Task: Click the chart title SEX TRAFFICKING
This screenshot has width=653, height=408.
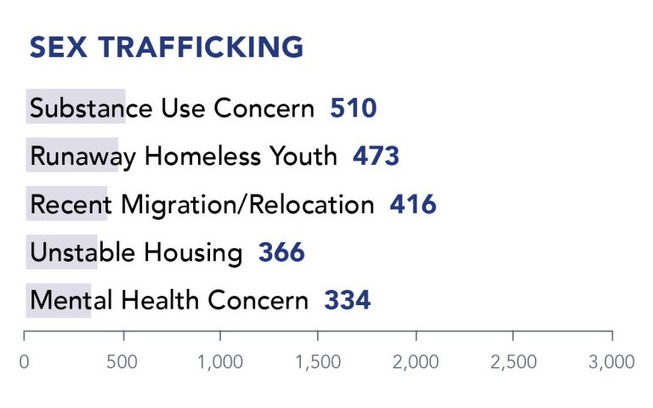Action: pos(166,47)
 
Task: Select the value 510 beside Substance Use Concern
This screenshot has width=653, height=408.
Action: pos(353,109)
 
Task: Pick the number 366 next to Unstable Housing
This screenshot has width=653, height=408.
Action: pos(281,252)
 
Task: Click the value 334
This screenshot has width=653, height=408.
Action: pos(347,300)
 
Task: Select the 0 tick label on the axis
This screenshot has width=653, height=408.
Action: pos(25,362)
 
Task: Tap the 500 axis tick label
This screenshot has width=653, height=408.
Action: pos(123,362)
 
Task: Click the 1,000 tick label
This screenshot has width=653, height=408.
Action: pos(220,362)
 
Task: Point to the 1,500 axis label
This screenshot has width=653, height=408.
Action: pos(318,362)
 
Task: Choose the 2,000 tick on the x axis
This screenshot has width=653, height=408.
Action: pos(416,362)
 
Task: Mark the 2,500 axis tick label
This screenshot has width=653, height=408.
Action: pos(514,362)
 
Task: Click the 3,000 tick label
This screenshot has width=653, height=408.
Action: pos(611,362)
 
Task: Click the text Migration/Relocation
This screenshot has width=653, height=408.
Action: pos(247,205)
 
